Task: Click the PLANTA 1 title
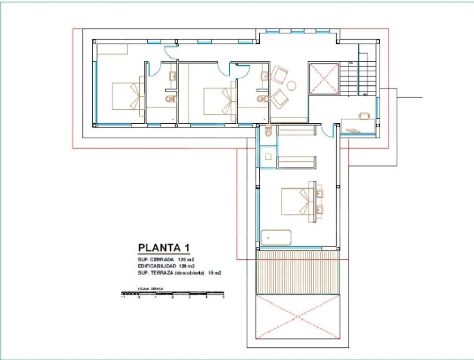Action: (x=164, y=248)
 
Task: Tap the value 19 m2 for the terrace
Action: (x=214, y=272)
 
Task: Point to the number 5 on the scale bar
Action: (x=223, y=297)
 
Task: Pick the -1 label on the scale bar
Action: (x=123, y=297)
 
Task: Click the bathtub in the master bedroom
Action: (x=276, y=238)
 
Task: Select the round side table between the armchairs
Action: (x=292, y=85)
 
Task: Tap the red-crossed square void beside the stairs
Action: (x=324, y=78)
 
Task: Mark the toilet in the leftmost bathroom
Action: (x=171, y=99)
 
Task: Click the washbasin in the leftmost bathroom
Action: (x=172, y=76)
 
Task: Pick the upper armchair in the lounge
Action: (x=279, y=75)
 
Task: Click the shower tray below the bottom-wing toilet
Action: (x=268, y=156)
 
